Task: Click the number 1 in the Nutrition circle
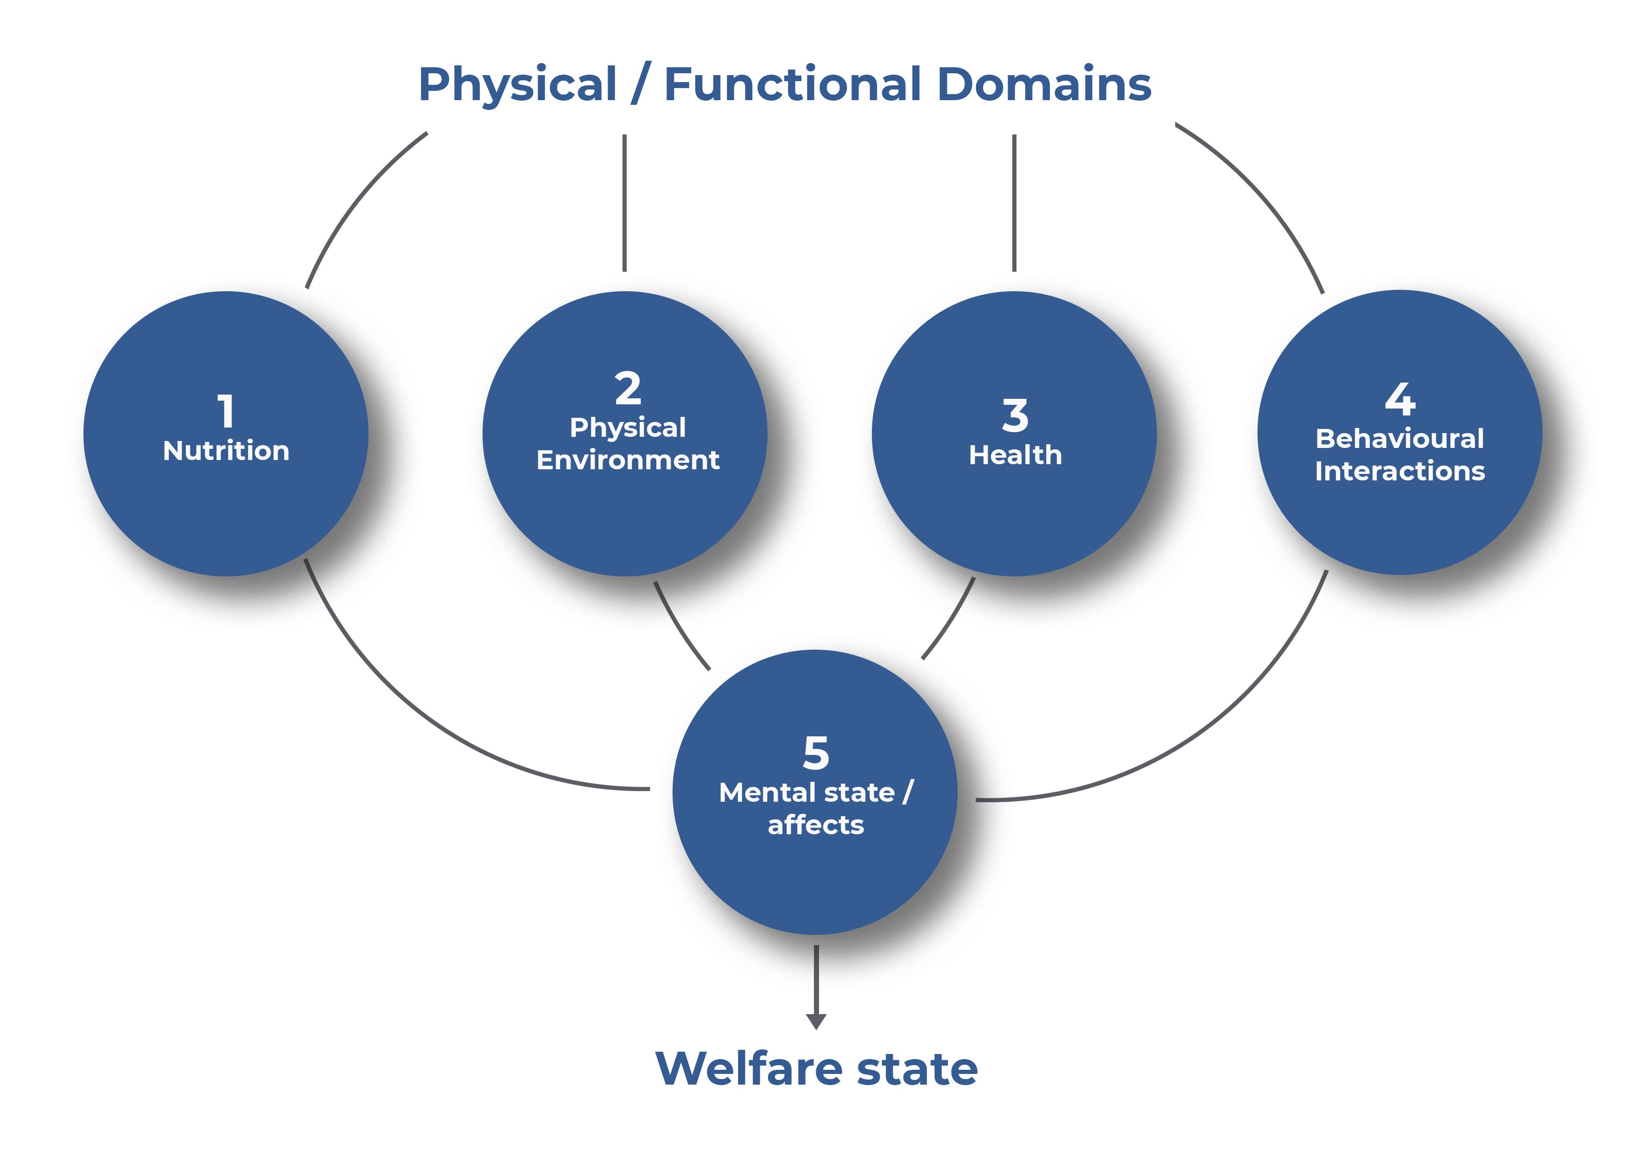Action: point(226,411)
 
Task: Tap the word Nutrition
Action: point(226,451)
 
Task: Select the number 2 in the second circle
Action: point(628,388)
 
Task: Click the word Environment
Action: point(628,460)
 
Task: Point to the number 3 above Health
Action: point(1015,415)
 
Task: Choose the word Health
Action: point(1015,455)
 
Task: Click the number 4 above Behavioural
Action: point(1400,399)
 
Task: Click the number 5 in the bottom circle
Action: point(816,753)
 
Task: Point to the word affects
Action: point(816,825)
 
